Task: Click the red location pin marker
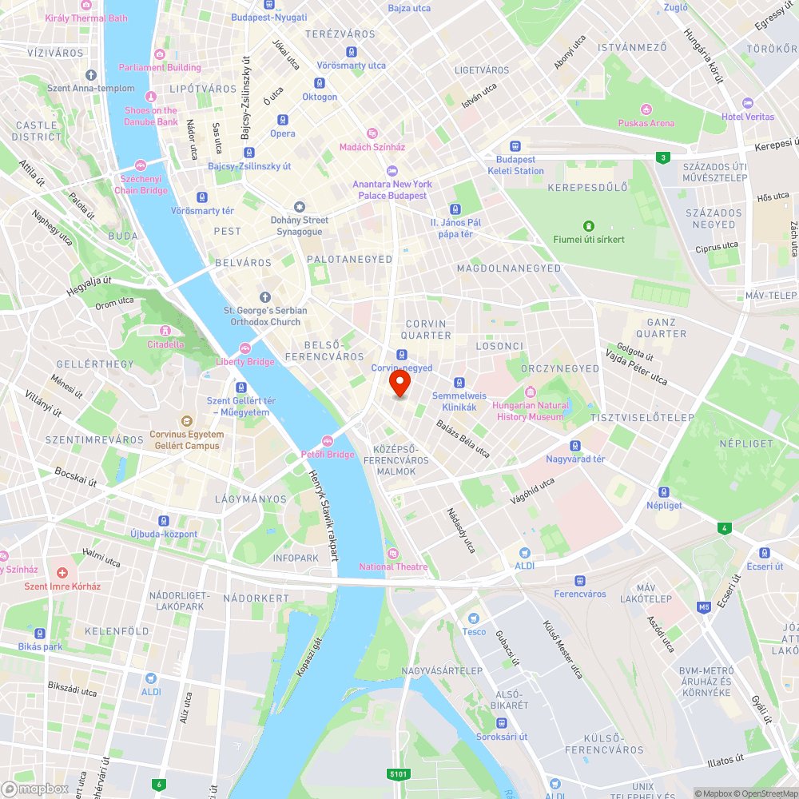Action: [x=399, y=384]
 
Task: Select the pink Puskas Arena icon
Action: [x=646, y=109]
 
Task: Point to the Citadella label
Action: [x=165, y=344]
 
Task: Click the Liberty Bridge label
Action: [x=245, y=362]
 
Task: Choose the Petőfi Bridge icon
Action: [x=327, y=441]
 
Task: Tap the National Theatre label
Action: [x=393, y=567]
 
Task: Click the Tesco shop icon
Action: [x=474, y=618]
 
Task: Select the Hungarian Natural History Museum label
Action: [x=530, y=411]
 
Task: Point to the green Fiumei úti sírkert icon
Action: [x=589, y=226]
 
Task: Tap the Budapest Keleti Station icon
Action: [x=516, y=147]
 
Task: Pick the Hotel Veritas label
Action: [x=748, y=117]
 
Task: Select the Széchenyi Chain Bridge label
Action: [x=141, y=185]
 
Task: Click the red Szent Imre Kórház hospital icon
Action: [x=62, y=573]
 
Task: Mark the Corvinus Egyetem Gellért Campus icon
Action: [x=185, y=420]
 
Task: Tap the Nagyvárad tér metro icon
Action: [x=574, y=446]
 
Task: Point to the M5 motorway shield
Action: [x=703, y=607]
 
